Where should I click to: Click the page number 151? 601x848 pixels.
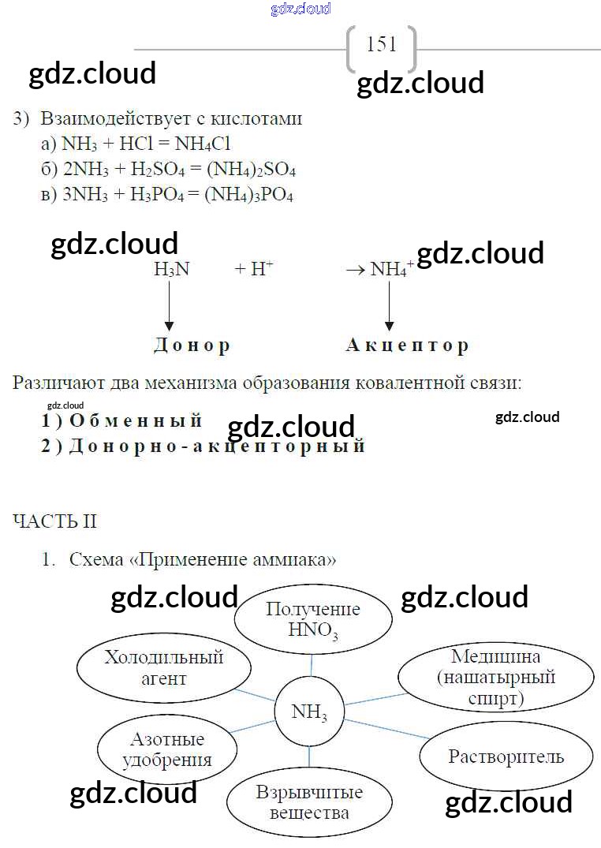click(382, 44)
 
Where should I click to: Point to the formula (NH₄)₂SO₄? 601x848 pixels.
click(250, 170)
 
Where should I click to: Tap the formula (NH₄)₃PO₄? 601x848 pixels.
click(248, 195)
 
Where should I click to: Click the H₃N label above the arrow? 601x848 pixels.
click(171, 269)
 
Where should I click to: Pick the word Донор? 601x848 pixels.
click(192, 346)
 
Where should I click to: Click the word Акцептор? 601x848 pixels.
click(407, 346)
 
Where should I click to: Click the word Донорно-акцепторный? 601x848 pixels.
click(218, 446)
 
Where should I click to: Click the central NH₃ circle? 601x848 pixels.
click(309, 712)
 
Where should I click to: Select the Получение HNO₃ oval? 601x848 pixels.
click(313, 620)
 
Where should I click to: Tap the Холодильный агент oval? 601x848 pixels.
click(163, 667)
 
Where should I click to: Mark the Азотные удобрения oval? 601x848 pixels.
click(167, 749)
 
